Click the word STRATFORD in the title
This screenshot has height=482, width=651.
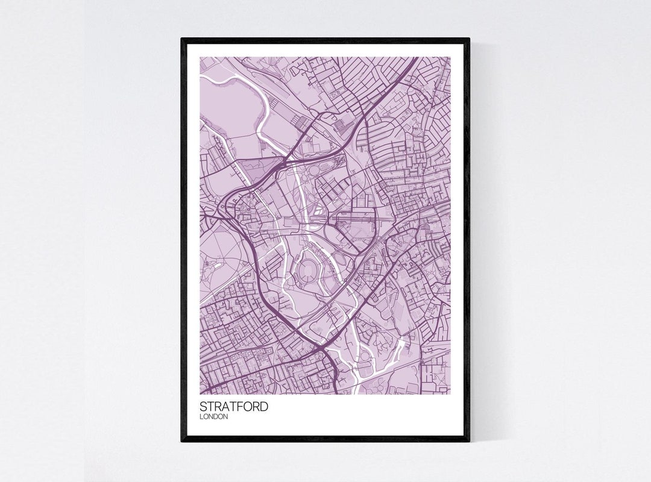click(234, 407)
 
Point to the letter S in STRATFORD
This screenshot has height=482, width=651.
click(204, 407)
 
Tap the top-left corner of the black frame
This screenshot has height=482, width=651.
click(182, 39)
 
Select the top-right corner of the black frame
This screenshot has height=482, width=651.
click(468, 39)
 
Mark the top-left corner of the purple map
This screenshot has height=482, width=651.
click(201, 57)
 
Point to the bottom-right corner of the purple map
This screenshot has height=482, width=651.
click(450, 394)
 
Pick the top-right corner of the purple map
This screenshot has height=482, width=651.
click(450, 57)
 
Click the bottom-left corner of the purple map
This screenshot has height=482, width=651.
click(201, 394)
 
